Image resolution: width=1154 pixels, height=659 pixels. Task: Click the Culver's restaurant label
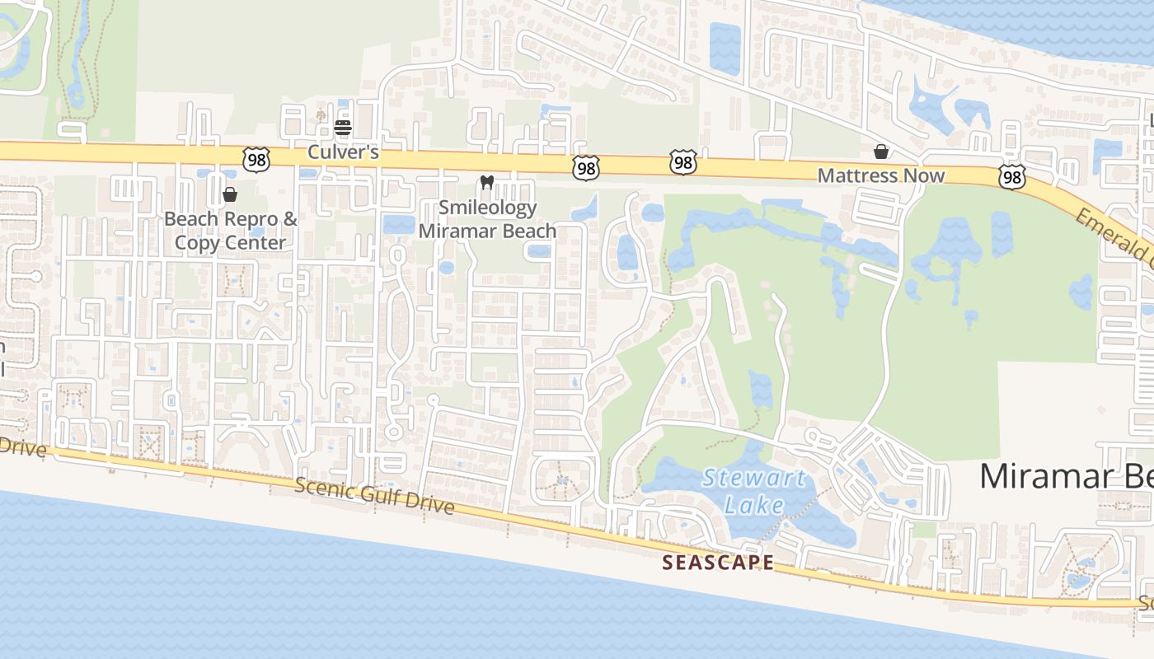[343, 152]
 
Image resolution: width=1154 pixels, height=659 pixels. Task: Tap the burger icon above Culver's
[343, 128]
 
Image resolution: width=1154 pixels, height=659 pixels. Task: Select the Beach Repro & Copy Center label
[230, 231]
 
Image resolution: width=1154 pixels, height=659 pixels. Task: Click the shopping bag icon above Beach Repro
[230, 194]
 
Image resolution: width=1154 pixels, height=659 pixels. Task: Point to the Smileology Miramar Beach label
[487, 219]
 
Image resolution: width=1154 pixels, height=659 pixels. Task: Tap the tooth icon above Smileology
[486, 182]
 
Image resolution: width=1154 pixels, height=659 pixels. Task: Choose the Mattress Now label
[881, 175]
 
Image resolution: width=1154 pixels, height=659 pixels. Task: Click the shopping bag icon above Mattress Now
[881, 152]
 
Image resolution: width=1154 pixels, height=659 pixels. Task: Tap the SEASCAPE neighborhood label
[719, 563]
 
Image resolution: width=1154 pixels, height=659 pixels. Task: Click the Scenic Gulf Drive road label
[374, 497]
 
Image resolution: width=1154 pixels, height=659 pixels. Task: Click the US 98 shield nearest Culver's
[256, 160]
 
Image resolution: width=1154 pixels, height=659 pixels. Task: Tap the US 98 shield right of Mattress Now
[1011, 176]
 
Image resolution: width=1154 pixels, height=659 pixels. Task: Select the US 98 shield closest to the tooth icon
[585, 168]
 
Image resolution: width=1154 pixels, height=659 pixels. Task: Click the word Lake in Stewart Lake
[754, 504]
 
